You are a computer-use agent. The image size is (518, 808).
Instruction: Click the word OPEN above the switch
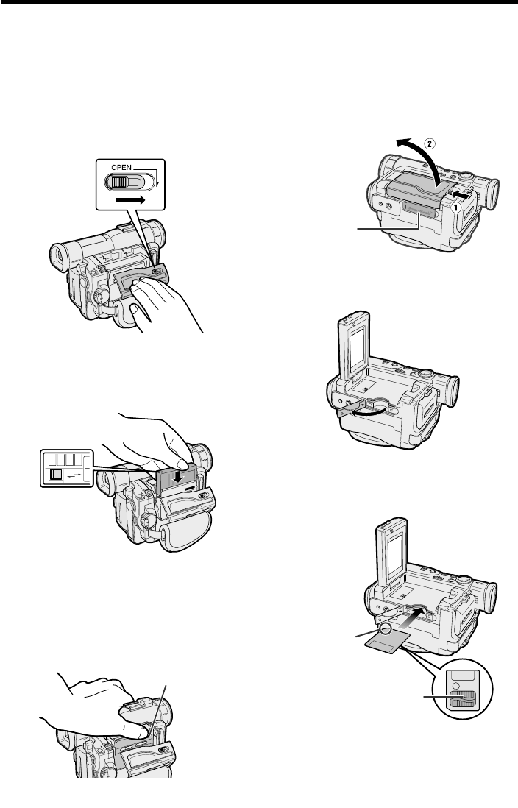tap(121, 168)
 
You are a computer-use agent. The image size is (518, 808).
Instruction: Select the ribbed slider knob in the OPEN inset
tap(119, 182)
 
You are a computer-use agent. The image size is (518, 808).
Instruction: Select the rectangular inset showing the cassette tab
tap(67, 468)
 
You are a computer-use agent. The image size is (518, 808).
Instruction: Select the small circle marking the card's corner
tap(386, 628)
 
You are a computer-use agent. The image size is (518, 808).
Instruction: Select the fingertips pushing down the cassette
tap(177, 453)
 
